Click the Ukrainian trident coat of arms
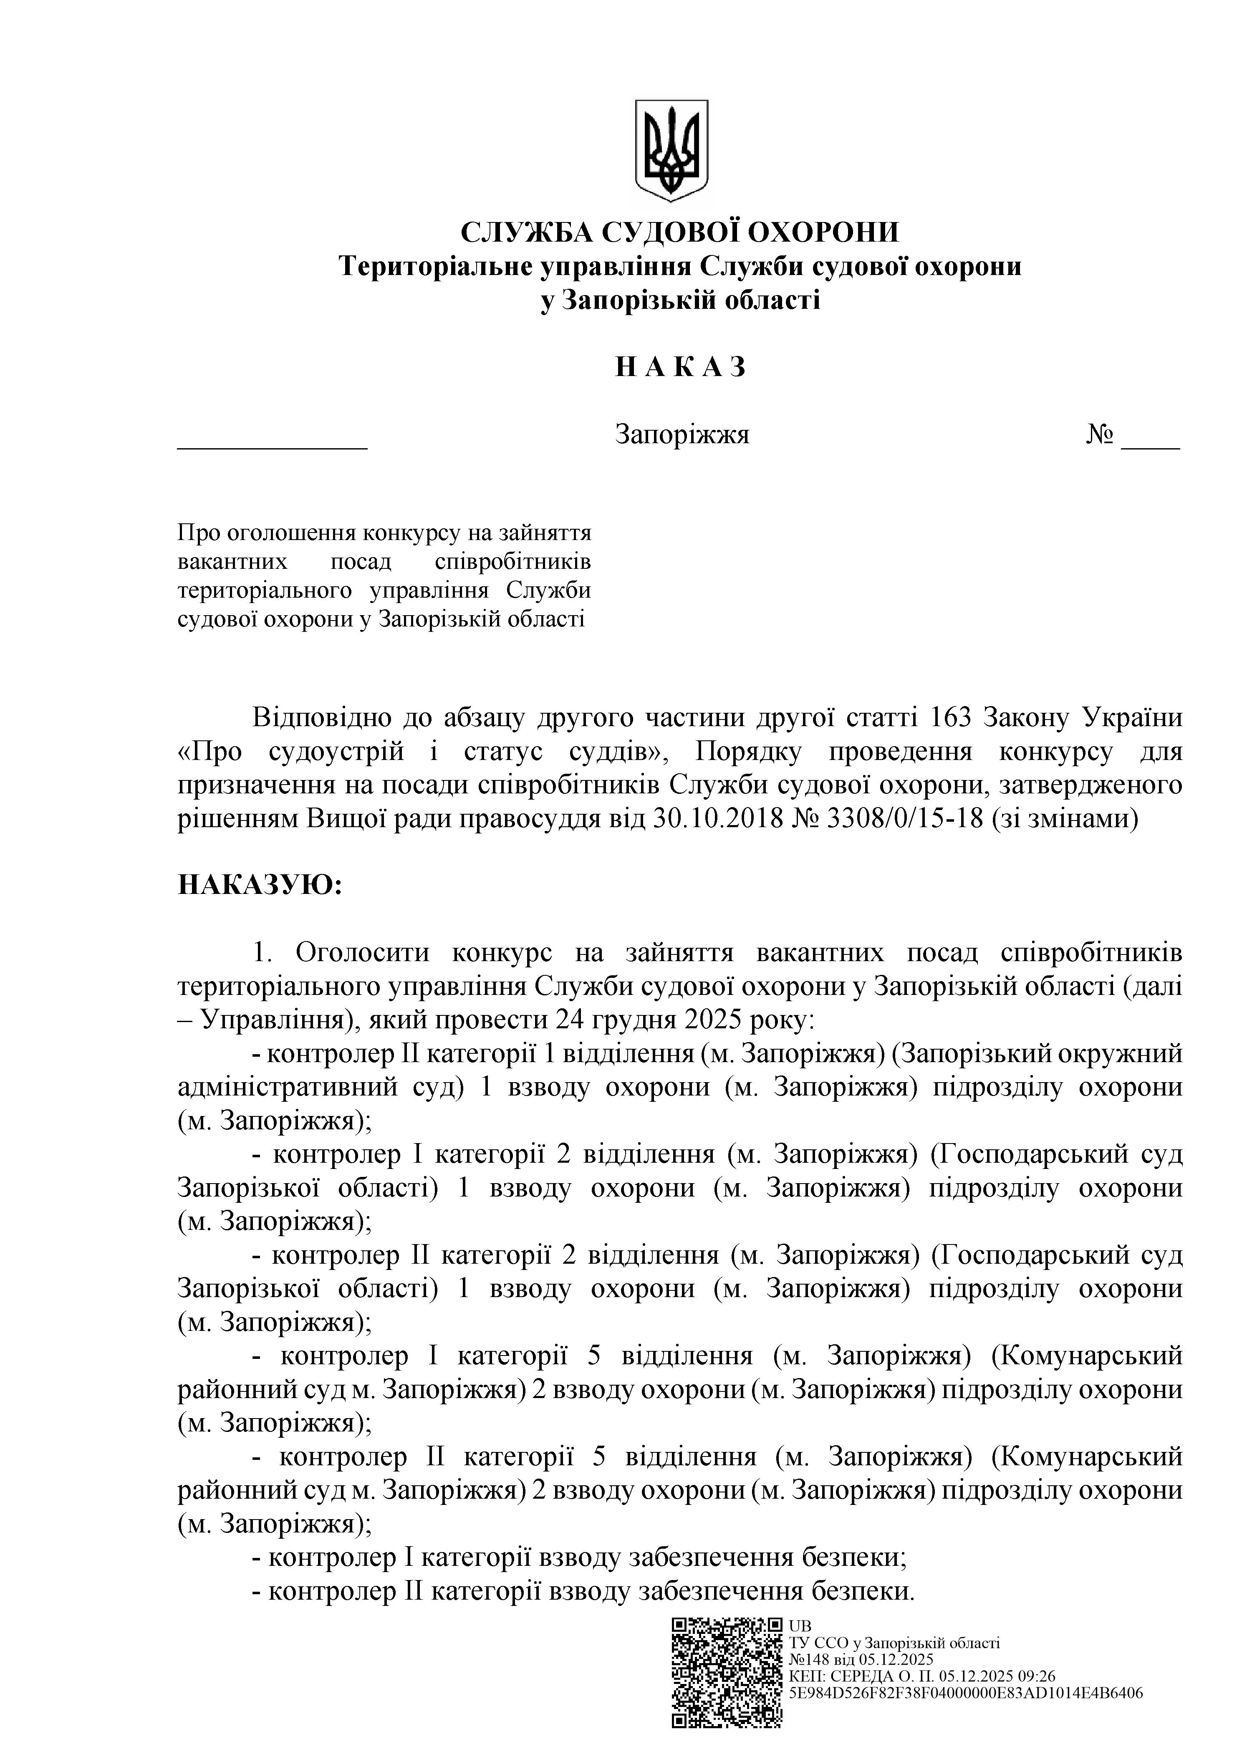click(671, 151)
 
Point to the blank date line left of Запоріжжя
click(273, 442)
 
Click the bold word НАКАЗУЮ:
click(260, 886)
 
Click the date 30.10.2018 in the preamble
click(719, 819)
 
